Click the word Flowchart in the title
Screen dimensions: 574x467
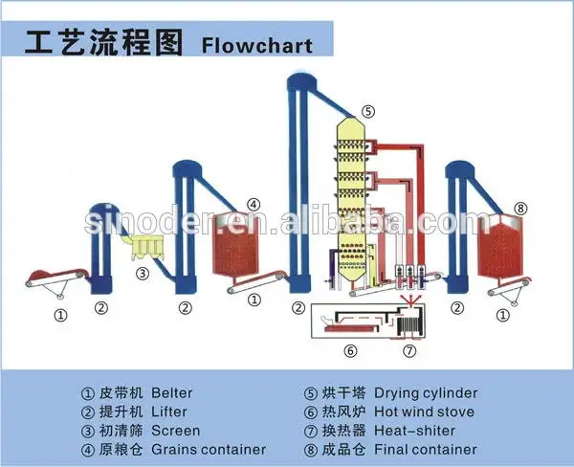tap(257, 45)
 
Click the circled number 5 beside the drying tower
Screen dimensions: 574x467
tap(368, 111)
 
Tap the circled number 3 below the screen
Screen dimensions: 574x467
tap(143, 274)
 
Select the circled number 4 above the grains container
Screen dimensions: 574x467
tap(254, 205)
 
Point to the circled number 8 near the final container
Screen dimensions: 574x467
tap(521, 210)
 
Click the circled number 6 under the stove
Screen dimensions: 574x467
tap(350, 351)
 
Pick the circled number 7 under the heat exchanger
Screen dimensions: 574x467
tap(409, 351)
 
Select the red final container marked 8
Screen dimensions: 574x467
tap(500, 248)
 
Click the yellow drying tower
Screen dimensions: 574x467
tap(351, 200)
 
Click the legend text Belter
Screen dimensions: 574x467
tap(171, 393)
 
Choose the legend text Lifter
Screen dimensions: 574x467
tap(169, 411)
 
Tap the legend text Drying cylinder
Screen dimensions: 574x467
tap(426, 393)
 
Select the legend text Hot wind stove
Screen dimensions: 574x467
tap(424, 411)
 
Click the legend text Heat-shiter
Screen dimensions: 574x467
tap(415, 431)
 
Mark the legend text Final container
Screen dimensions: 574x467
tap(426, 450)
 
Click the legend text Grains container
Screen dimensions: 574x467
tap(209, 450)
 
